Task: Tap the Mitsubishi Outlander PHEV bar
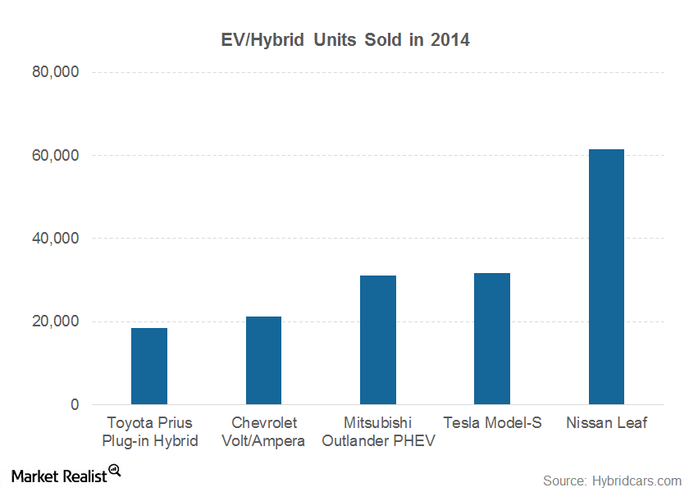(x=378, y=340)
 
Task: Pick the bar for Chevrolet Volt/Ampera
(x=263, y=361)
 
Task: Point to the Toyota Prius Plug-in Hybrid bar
(x=149, y=367)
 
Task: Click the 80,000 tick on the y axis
(x=54, y=72)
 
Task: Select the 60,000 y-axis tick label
(x=54, y=155)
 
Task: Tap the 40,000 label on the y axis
(x=54, y=239)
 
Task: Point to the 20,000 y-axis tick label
(x=54, y=321)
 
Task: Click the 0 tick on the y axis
(x=74, y=405)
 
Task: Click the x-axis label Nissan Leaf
(x=606, y=423)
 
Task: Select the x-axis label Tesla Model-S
(x=492, y=423)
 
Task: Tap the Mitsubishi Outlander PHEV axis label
(x=378, y=432)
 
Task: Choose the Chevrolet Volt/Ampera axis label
(x=263, y=432)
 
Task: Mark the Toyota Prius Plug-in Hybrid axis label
(x=149, y=432)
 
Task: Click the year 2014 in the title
(x=451, y=39)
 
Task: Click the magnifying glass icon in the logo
(x=114, y=471)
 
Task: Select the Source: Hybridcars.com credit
(x=612, y=480)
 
